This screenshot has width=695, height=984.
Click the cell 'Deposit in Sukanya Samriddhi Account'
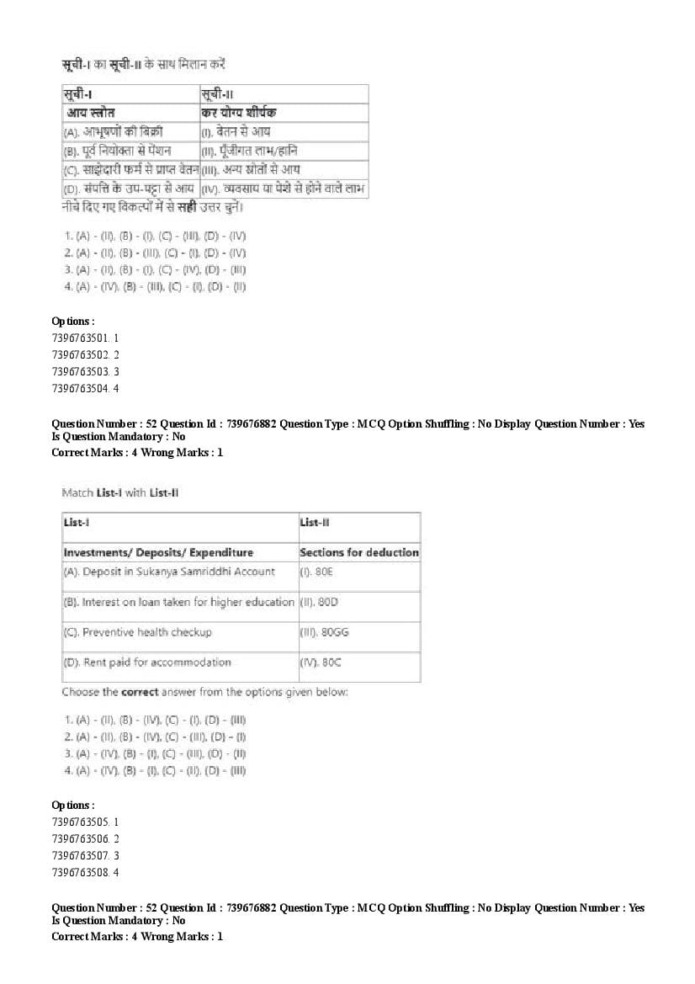169,572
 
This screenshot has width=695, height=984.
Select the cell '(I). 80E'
312,572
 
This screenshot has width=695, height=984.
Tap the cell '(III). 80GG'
319,632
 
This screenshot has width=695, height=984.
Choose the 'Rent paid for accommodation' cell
147,662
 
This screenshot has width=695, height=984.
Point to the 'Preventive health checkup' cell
137,632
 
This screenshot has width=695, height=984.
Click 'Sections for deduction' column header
359,553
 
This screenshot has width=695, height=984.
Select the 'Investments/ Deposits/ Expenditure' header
158,553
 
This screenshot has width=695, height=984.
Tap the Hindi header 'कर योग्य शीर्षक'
239,112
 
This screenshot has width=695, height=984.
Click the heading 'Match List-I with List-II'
120,492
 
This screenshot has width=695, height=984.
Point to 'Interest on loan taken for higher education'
178,603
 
